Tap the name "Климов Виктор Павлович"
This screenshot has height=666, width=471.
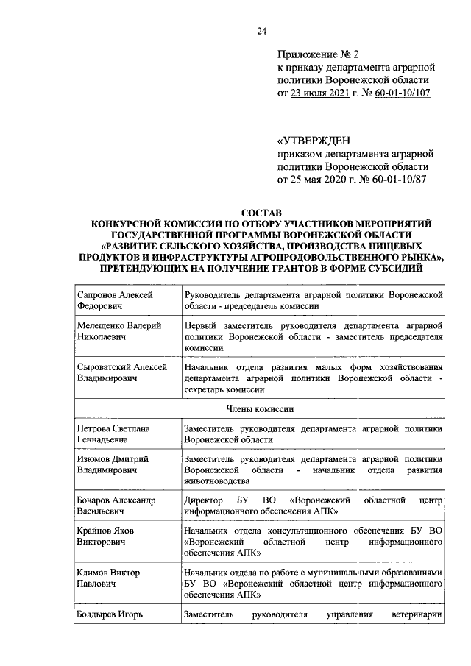tap(107, 578)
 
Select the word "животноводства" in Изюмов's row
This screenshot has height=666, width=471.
tap(218, 481)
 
